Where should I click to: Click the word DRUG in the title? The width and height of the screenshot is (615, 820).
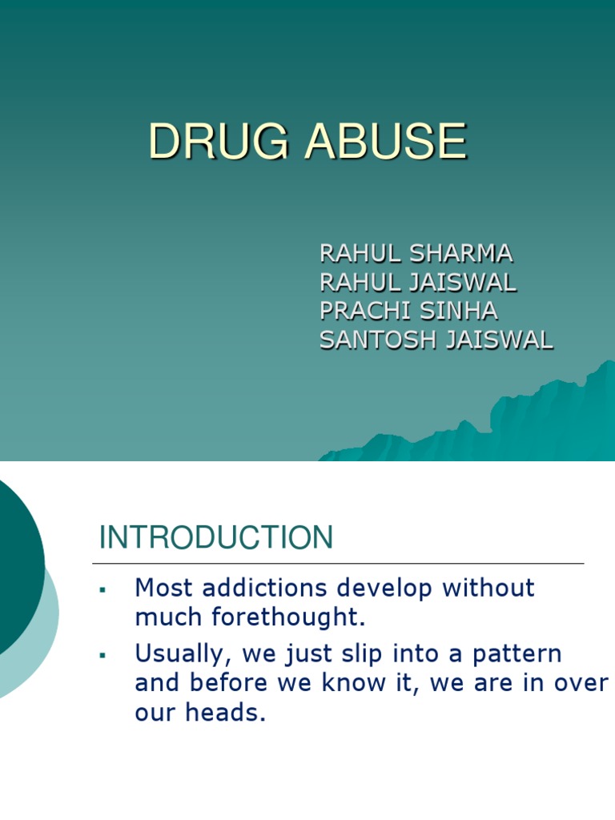pos(204,143)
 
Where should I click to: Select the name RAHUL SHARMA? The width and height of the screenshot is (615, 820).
pos(416,253)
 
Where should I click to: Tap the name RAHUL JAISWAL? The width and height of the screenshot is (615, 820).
pos(418,282)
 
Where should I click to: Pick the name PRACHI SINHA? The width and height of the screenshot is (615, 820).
pos(408,311)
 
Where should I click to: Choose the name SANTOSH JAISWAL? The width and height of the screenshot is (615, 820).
pos(436,340)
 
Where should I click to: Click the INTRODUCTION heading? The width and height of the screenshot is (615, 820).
pos(215,538)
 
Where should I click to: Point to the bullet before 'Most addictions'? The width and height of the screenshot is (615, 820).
pos(102,590)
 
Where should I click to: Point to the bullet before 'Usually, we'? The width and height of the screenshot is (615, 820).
pos(102,656)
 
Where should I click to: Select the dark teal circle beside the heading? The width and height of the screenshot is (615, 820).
pos(12,561)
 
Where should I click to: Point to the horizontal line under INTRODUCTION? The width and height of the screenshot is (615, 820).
pos(340,564)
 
